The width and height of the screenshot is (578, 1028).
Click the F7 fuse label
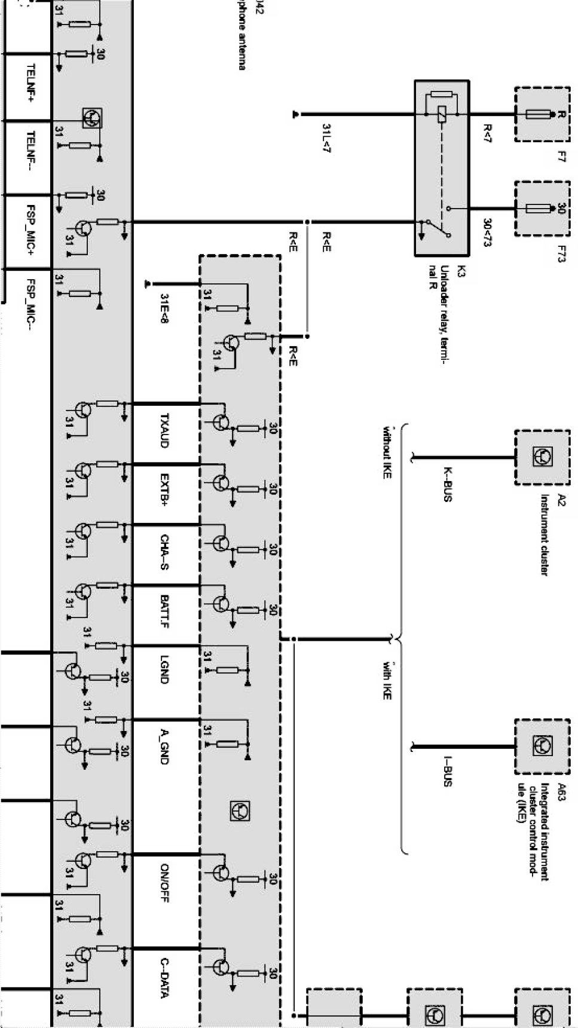(x=561, y=158)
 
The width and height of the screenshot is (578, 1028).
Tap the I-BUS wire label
(x=447, y=771)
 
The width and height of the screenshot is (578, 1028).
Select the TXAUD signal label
(x=165, y=430)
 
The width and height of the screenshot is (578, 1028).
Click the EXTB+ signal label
(x=165, y=490)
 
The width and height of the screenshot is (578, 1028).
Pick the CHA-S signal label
(x=165, y=552)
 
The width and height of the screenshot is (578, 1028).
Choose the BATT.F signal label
(x=165, y=612)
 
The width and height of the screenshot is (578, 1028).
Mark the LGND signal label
(x=165, y=670)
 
